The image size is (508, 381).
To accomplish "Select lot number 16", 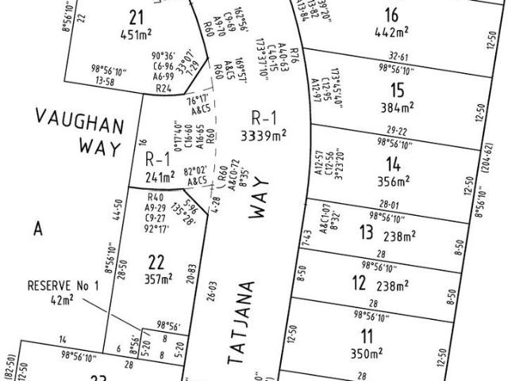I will pyautogui.click(x=390, y=13).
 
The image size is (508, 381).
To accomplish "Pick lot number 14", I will pyautogui.click(x=392, y=164).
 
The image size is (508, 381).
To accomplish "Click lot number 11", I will pyautogui.click(x=366, y=335).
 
